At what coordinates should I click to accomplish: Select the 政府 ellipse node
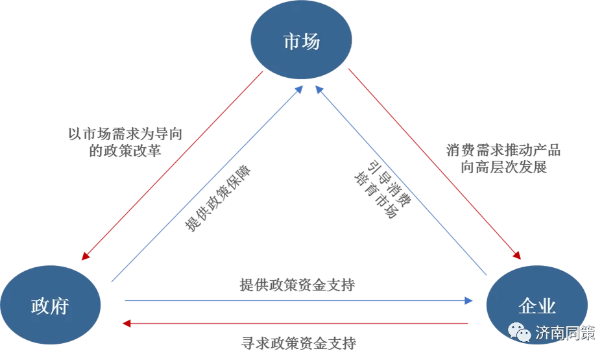pos(50,306)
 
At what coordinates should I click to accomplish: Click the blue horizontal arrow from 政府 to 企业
pos(298,300)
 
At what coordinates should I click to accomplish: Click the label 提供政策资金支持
pos(297,285)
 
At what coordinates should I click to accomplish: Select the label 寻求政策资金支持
pos(298,342)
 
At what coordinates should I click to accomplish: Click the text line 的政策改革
pos(125,151)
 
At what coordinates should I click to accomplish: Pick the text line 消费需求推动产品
pos(503,150)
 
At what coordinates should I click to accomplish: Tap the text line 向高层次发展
pos(504,167)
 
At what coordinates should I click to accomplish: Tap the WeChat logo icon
pos(520,332)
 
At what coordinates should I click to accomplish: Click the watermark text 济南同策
pos(565,333)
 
